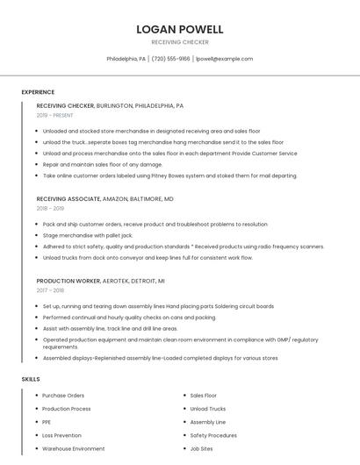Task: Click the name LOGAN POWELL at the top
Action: click(x=180, y=29)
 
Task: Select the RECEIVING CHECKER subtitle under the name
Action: click(x=180, y=42)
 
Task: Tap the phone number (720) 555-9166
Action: click(x=170, y=59)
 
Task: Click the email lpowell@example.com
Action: click(x=224, y=59)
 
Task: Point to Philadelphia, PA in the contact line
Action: click(x=126, y=59)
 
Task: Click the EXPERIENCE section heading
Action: click(x=38, y=92)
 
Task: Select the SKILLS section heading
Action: click(x=31, y=379)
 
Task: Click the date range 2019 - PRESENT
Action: click(x=54, y=115)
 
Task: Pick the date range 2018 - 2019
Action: click(x=50, y=209)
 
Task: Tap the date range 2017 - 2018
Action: click(x=50, y=290)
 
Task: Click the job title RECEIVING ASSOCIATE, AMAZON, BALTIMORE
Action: click(x=105, y=199)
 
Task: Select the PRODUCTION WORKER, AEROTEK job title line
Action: click(x=101, y=281)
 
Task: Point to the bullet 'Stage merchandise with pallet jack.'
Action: click(x=88, y=235)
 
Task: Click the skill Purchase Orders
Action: click(x=63, y=396)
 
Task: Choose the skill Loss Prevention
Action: click(x=61, y=435)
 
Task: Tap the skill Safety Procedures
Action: click(x=213, y=435)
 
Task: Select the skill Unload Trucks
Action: click(x=208, y=409)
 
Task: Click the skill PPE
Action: click(x=47, y=422)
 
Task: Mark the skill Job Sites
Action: click(x=201, y=448)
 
